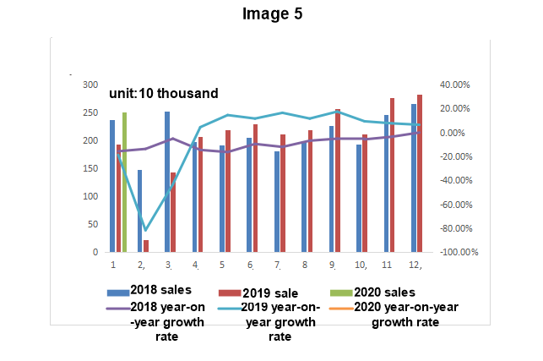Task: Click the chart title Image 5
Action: pos(271,14)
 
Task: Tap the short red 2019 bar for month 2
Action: pos(146,246)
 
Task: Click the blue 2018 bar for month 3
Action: pos(167,182)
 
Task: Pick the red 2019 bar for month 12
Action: pos(420,173)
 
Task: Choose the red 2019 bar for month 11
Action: pos(392,175)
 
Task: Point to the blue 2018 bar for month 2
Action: pos(139,211)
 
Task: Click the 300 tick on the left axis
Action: pos(90,85)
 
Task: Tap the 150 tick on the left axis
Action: pos(90,169)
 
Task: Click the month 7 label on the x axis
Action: pos(277,265)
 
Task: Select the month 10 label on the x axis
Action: pos(360,265)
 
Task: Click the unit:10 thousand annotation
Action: pos(164,94)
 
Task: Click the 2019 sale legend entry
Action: pos(270,292)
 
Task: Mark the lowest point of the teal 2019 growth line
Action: pos(145,230)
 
